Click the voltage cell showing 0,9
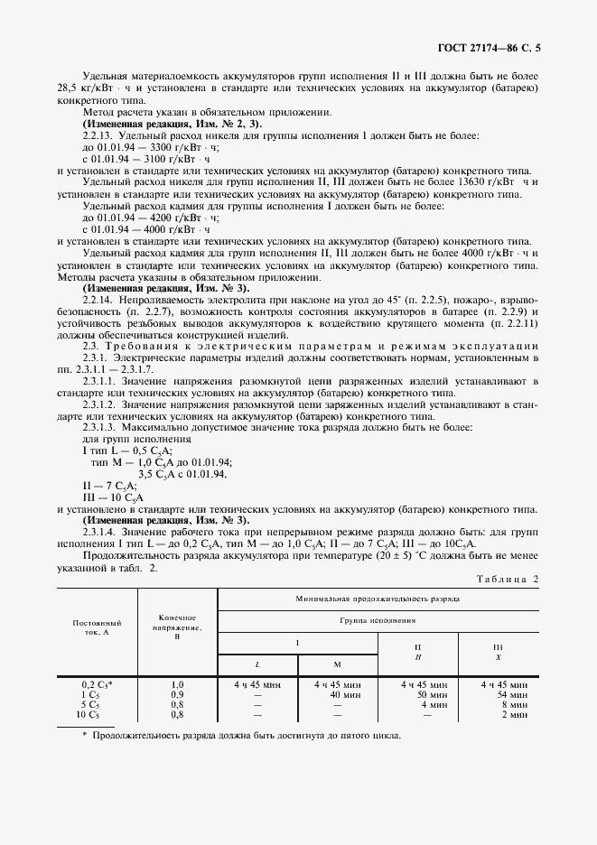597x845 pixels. coord(177,695)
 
